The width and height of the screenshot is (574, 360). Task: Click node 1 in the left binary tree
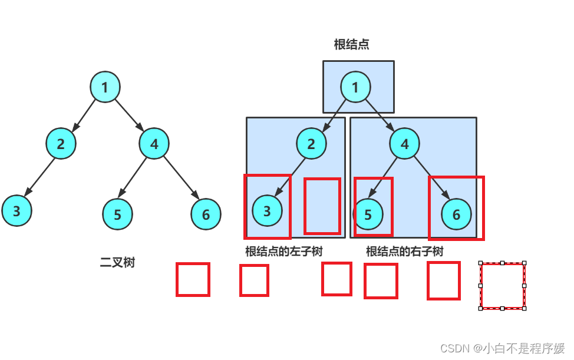(105, 88)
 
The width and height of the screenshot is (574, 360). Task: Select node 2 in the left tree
(61, 144)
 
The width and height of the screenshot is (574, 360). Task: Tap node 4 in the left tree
(154, 143)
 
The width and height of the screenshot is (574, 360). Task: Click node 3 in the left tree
(17, 211)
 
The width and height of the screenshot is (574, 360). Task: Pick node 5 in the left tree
(117, 214)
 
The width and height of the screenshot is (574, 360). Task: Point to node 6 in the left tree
(205, 214)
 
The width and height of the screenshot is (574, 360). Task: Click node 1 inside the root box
(355, 87)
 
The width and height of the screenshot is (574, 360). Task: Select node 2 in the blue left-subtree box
(311, 144)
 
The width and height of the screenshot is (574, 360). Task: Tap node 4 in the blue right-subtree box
(405, 144)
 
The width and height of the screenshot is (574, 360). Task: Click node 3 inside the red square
(267, 211)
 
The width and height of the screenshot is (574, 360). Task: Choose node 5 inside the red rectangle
(368, 214)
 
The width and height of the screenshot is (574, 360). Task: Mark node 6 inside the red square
(456, 214)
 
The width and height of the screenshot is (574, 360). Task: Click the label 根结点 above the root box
(351, 45)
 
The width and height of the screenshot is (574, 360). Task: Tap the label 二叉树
(117, 263)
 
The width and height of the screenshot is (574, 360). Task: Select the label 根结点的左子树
(284, 252)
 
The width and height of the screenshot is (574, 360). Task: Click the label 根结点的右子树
(404, 252)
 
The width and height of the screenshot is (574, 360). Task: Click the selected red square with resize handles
(502, 286)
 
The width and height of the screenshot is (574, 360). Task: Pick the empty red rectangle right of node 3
(322, 206)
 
